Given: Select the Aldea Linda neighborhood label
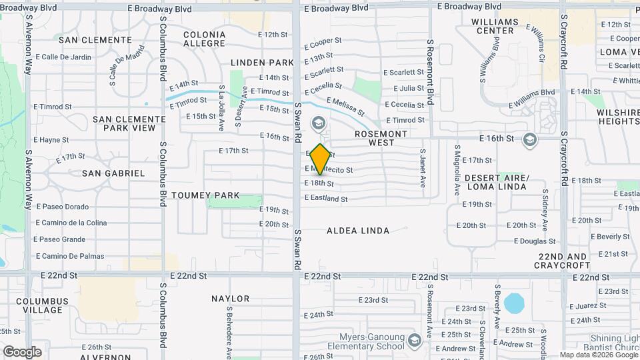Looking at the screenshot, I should pyautogui.click(x=358, y=231).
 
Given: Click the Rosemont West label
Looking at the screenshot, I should pyautogui.click(x=381, y=138).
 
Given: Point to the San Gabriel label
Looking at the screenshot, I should pyautogui.click(x=113, y=173).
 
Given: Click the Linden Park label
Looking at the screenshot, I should pyautogui.click(x=262, y=63).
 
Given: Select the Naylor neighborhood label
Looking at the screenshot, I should pyautogui.click(x=231, y=299).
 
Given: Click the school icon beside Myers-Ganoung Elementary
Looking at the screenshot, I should pyautogui.click(x=414, y=341).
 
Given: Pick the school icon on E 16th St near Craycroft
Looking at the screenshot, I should pyautogui.click(x=529, y=139).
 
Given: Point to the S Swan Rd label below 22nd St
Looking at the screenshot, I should pyautogui.click(x=298, y=249).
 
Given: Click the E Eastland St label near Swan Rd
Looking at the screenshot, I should pyautogui.click(x=326, y=199).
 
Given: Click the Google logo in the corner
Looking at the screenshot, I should pyautogui.click(x=22, y=351).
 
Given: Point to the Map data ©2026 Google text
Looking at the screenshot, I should pyautogui.click(x=599, y=355).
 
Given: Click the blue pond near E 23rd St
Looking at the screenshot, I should pyautogui.click(x=514, y=303).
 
